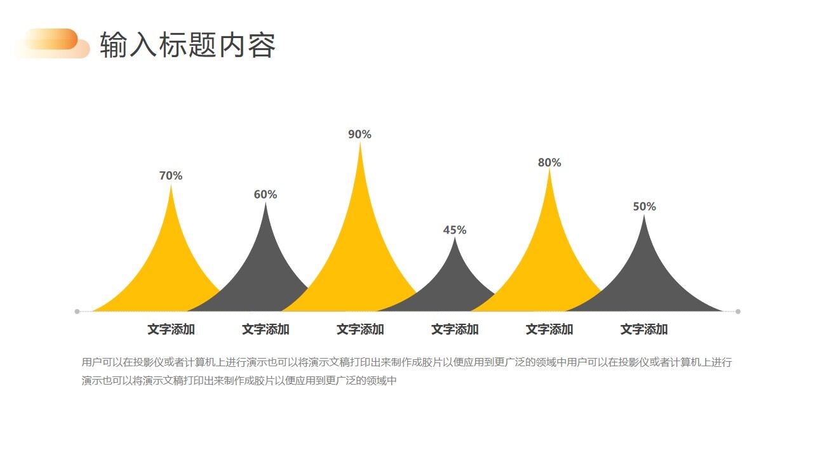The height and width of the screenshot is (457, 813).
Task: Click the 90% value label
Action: (359, 135)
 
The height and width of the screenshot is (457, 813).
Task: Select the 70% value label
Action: (171, 176)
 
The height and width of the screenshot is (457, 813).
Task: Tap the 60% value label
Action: (265, 195)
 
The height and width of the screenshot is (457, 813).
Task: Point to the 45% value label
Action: (455, 230)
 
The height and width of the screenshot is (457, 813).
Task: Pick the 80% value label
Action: (549, 162)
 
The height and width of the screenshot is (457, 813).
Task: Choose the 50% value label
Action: (644, 207)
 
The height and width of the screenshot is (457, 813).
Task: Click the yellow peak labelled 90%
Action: (360, 254)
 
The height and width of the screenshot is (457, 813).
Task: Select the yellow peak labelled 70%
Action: (170, 267)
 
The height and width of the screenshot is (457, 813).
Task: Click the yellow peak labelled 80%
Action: (549, 260)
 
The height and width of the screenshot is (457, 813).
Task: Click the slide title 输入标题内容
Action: (187, 46)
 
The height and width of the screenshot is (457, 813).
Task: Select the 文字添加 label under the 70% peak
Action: (171, 329)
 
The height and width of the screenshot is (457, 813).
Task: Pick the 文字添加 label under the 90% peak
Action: (360, 329)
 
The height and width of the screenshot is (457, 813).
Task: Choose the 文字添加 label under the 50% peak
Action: (644, 329)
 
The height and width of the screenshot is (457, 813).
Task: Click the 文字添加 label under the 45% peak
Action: (455, 329)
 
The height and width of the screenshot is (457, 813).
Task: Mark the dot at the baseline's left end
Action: (77, 312)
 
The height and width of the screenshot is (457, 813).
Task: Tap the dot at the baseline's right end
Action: (738, 312)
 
